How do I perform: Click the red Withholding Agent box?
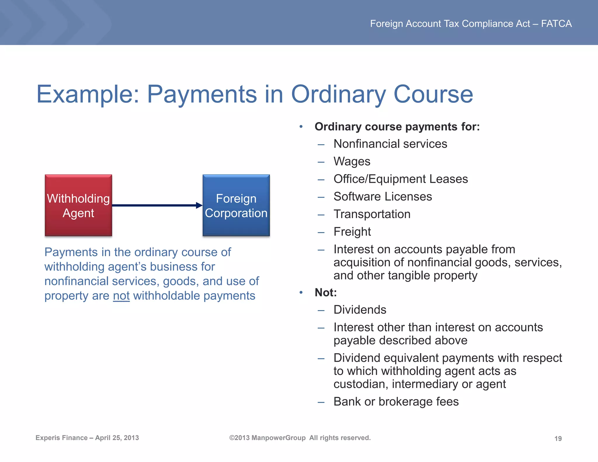(x=78, y=205)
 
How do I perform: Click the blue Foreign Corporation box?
(x=236, y=205)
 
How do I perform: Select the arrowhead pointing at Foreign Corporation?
(x=199, y=205)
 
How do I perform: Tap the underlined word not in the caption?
(x=121, y=296)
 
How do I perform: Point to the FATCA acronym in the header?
(x=556, y=24)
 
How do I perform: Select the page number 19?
(x=558, y=438)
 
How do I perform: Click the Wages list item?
(x=352, y=161)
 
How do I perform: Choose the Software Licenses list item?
(x=383, y=197)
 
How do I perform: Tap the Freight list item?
(x=352, y=232)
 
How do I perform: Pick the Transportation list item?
(x=372, y=214)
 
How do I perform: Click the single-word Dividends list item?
(x=360, y=310)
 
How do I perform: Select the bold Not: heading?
(x=326, y=293)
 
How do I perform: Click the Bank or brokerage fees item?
(x=396, y=402)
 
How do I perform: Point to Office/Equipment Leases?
(x=400, y=179)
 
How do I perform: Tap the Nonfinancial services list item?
(x=390, y=144)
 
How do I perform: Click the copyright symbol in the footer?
(x=232, y=438)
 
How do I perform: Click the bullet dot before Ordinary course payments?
(x=301, y=127)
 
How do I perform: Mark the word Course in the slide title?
(x=433, y=94)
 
